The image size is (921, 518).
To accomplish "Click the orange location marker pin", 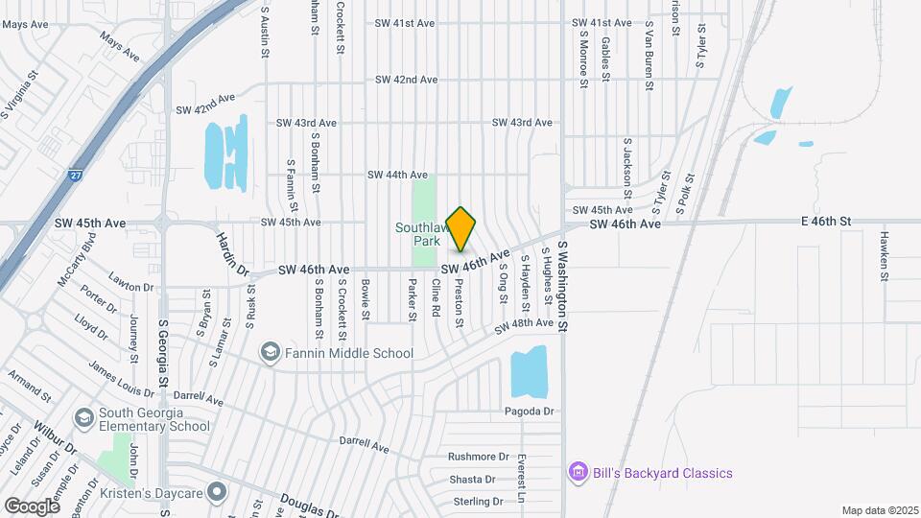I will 461,229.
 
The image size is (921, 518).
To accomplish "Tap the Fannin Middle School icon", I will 271,353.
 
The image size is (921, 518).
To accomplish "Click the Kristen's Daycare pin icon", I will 218,492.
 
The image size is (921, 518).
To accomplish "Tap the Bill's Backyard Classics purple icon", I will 578,473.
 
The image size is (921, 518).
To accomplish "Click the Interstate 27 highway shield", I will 75,177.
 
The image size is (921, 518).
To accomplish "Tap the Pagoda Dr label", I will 530,412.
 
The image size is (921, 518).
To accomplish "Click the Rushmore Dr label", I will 478,457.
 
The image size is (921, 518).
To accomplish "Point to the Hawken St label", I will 883,255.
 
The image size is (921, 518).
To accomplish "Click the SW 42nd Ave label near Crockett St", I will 406,80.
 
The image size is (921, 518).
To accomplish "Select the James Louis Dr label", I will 121,378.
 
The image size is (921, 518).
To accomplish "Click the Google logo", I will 32,506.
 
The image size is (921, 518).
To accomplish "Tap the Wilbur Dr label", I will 59,436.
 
